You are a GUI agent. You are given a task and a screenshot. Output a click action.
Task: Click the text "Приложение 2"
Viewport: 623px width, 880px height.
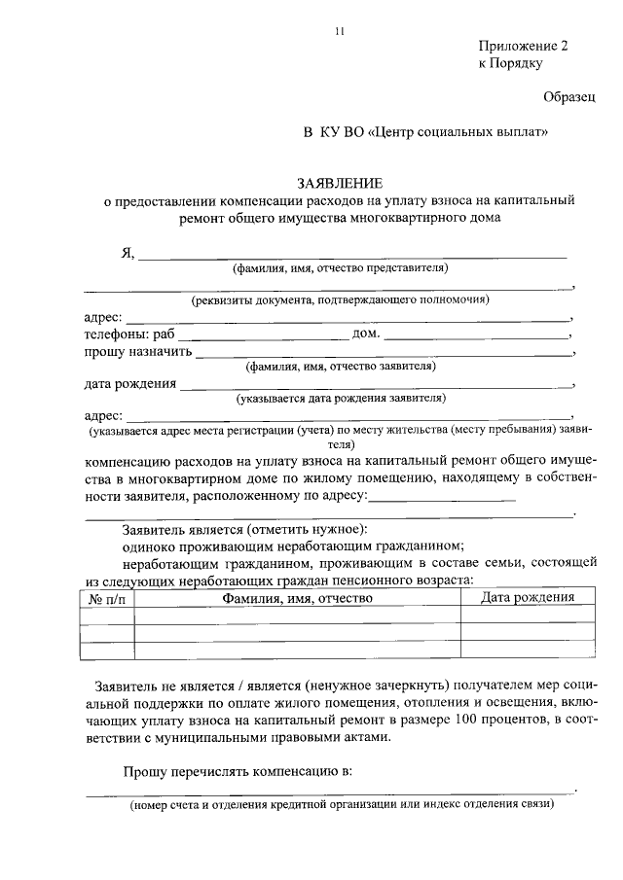pos(522,47)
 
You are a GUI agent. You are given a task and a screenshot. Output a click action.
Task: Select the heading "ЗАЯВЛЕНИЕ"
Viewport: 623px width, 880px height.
pos(340,183)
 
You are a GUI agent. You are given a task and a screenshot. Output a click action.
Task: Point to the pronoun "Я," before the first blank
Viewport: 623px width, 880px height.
pos(126,253)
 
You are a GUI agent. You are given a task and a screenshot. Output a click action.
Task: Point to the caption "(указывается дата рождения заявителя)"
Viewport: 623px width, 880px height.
pos(340,398)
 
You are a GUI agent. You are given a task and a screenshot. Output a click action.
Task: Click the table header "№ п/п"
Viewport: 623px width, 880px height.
pos(106,599)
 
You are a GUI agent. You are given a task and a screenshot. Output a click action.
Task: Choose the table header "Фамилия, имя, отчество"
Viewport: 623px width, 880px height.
pos(297,599)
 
